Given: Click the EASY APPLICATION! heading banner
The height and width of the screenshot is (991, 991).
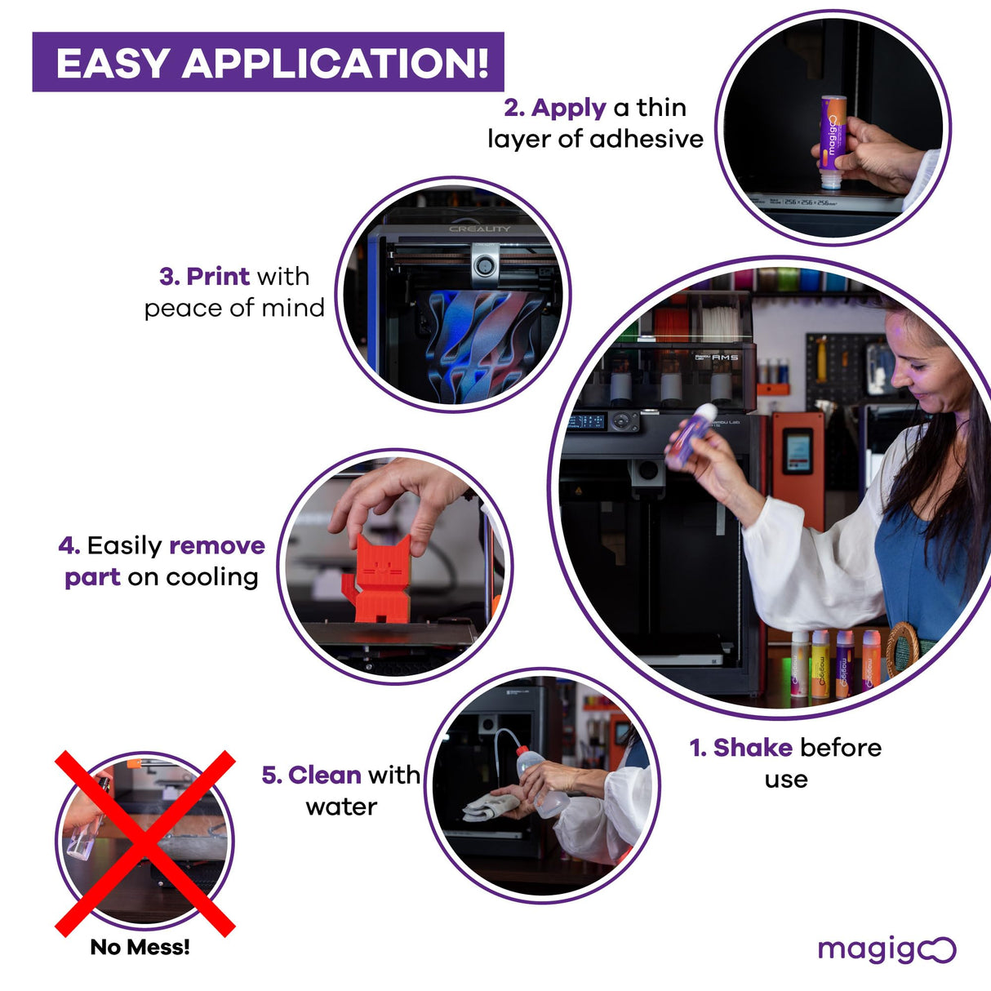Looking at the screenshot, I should click(x=268, y=62).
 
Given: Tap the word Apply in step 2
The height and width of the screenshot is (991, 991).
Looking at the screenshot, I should click(x=568, y=108).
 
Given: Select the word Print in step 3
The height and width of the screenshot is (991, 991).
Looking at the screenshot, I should click(x=218, y=277).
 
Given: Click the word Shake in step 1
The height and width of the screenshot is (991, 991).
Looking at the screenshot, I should click(x=753, y=748).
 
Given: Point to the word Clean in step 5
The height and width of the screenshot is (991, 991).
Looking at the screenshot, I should click(x=324, y=775).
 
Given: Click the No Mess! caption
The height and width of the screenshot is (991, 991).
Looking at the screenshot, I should click(x=140, y=947).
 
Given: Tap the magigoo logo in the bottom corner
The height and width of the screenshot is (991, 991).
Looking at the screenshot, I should click(x=886, y=949).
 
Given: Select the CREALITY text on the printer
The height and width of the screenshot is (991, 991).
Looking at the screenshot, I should click(x=479, y=229).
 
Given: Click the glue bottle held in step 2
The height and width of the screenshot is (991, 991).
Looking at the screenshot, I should click(x=833, y=143).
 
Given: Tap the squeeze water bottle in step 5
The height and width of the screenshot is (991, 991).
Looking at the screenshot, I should click(x=542, y=782).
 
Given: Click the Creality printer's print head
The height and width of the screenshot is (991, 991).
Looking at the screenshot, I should click(x=485, y=265).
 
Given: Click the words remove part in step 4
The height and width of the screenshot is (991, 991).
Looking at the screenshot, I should click(x=163, y=561).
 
